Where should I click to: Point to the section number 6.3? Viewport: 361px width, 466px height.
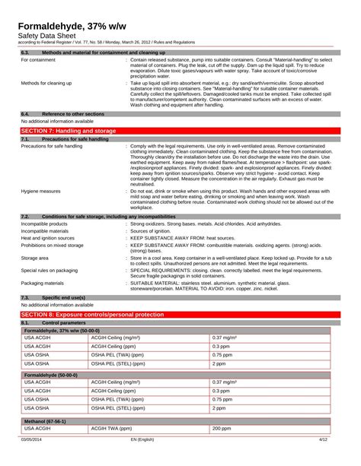[25, 51]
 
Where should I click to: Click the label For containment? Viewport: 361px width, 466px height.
[41, 59]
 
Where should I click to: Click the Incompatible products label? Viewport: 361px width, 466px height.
[44, 224]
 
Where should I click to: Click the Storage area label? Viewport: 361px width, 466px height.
[35, 258]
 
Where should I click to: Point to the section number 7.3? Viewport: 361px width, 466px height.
[25, 297]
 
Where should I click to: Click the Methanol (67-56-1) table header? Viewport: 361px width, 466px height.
[46, 420]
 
